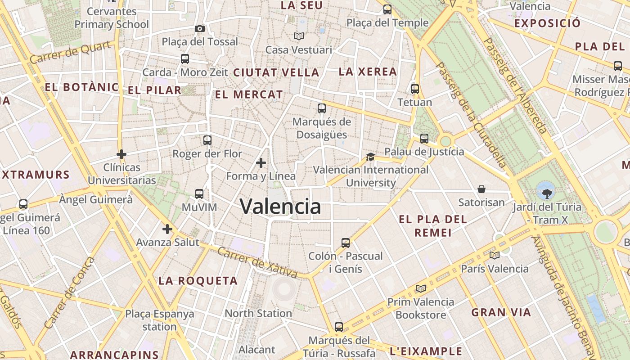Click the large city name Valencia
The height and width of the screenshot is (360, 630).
pos(280,207)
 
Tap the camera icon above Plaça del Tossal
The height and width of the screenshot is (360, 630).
pos(200,28)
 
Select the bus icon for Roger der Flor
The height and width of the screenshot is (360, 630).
pos(207,140)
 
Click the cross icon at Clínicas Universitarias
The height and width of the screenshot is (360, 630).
pos(121,154)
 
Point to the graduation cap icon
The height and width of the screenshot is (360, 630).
pos(370,157)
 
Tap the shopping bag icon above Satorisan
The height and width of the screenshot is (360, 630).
pos(481,189)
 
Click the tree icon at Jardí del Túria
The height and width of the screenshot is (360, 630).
pos(547,193)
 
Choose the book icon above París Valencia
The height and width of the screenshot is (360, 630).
pos(495,255)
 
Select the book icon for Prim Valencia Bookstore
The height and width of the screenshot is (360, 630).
pos(421,288)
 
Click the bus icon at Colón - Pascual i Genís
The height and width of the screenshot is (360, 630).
pos(345,243)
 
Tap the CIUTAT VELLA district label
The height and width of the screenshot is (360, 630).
pos(276,72)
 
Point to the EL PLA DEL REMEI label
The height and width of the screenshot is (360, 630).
pos(433,226)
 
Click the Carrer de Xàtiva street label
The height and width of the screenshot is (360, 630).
pos(257,262)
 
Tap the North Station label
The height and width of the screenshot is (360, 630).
pos(258,313)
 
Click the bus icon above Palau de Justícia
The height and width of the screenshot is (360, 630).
pos(424,139)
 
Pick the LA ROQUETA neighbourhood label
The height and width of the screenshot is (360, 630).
pos(198,281)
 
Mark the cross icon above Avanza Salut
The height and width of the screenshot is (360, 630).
pos(167,229)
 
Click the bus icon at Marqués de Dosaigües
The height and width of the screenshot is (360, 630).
pos(321,108)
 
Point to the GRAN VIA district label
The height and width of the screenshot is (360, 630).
pos(501,312)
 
